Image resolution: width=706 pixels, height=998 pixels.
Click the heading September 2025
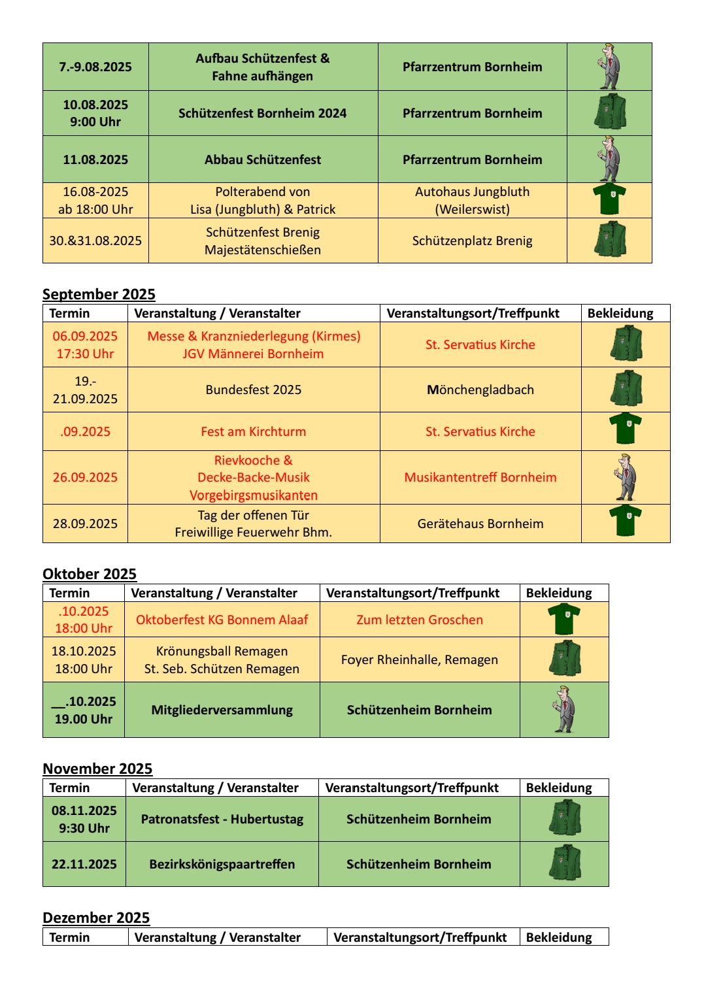click(99, 294)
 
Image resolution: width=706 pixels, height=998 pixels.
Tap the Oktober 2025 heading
click(90, 574)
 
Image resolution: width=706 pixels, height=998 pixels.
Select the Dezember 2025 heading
click(96, 918)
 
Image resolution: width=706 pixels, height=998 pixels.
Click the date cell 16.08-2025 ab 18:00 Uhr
click(95, 201)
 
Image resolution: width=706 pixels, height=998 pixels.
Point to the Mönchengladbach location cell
click(480, 390)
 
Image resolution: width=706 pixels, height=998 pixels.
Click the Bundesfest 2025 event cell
click(254, 390)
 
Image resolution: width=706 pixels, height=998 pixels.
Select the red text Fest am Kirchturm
click(254, 431)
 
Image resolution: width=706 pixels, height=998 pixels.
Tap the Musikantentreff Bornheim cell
click(480, 477)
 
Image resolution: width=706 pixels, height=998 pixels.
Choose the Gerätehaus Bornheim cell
click(480, 524)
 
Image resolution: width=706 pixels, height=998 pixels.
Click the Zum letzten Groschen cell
click(420, 620)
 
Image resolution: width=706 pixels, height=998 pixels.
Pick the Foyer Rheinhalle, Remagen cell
click(420, 659)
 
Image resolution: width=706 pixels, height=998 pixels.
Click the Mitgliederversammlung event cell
click(222, 710)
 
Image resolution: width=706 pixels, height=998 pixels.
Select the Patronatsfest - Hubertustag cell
click(222, 819)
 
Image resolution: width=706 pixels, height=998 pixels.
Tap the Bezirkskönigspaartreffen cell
click(222, 864)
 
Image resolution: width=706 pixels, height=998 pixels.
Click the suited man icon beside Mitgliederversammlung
click(563, 709)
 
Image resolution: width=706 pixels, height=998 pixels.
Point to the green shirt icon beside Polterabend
click(609, 199)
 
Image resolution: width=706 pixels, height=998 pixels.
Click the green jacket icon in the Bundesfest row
click(626, 389)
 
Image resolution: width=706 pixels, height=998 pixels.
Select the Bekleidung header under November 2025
click(559, 788)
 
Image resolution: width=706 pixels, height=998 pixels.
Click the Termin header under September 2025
click(70, 313)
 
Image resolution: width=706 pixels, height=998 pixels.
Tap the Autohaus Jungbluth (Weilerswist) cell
click(472, 201)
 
